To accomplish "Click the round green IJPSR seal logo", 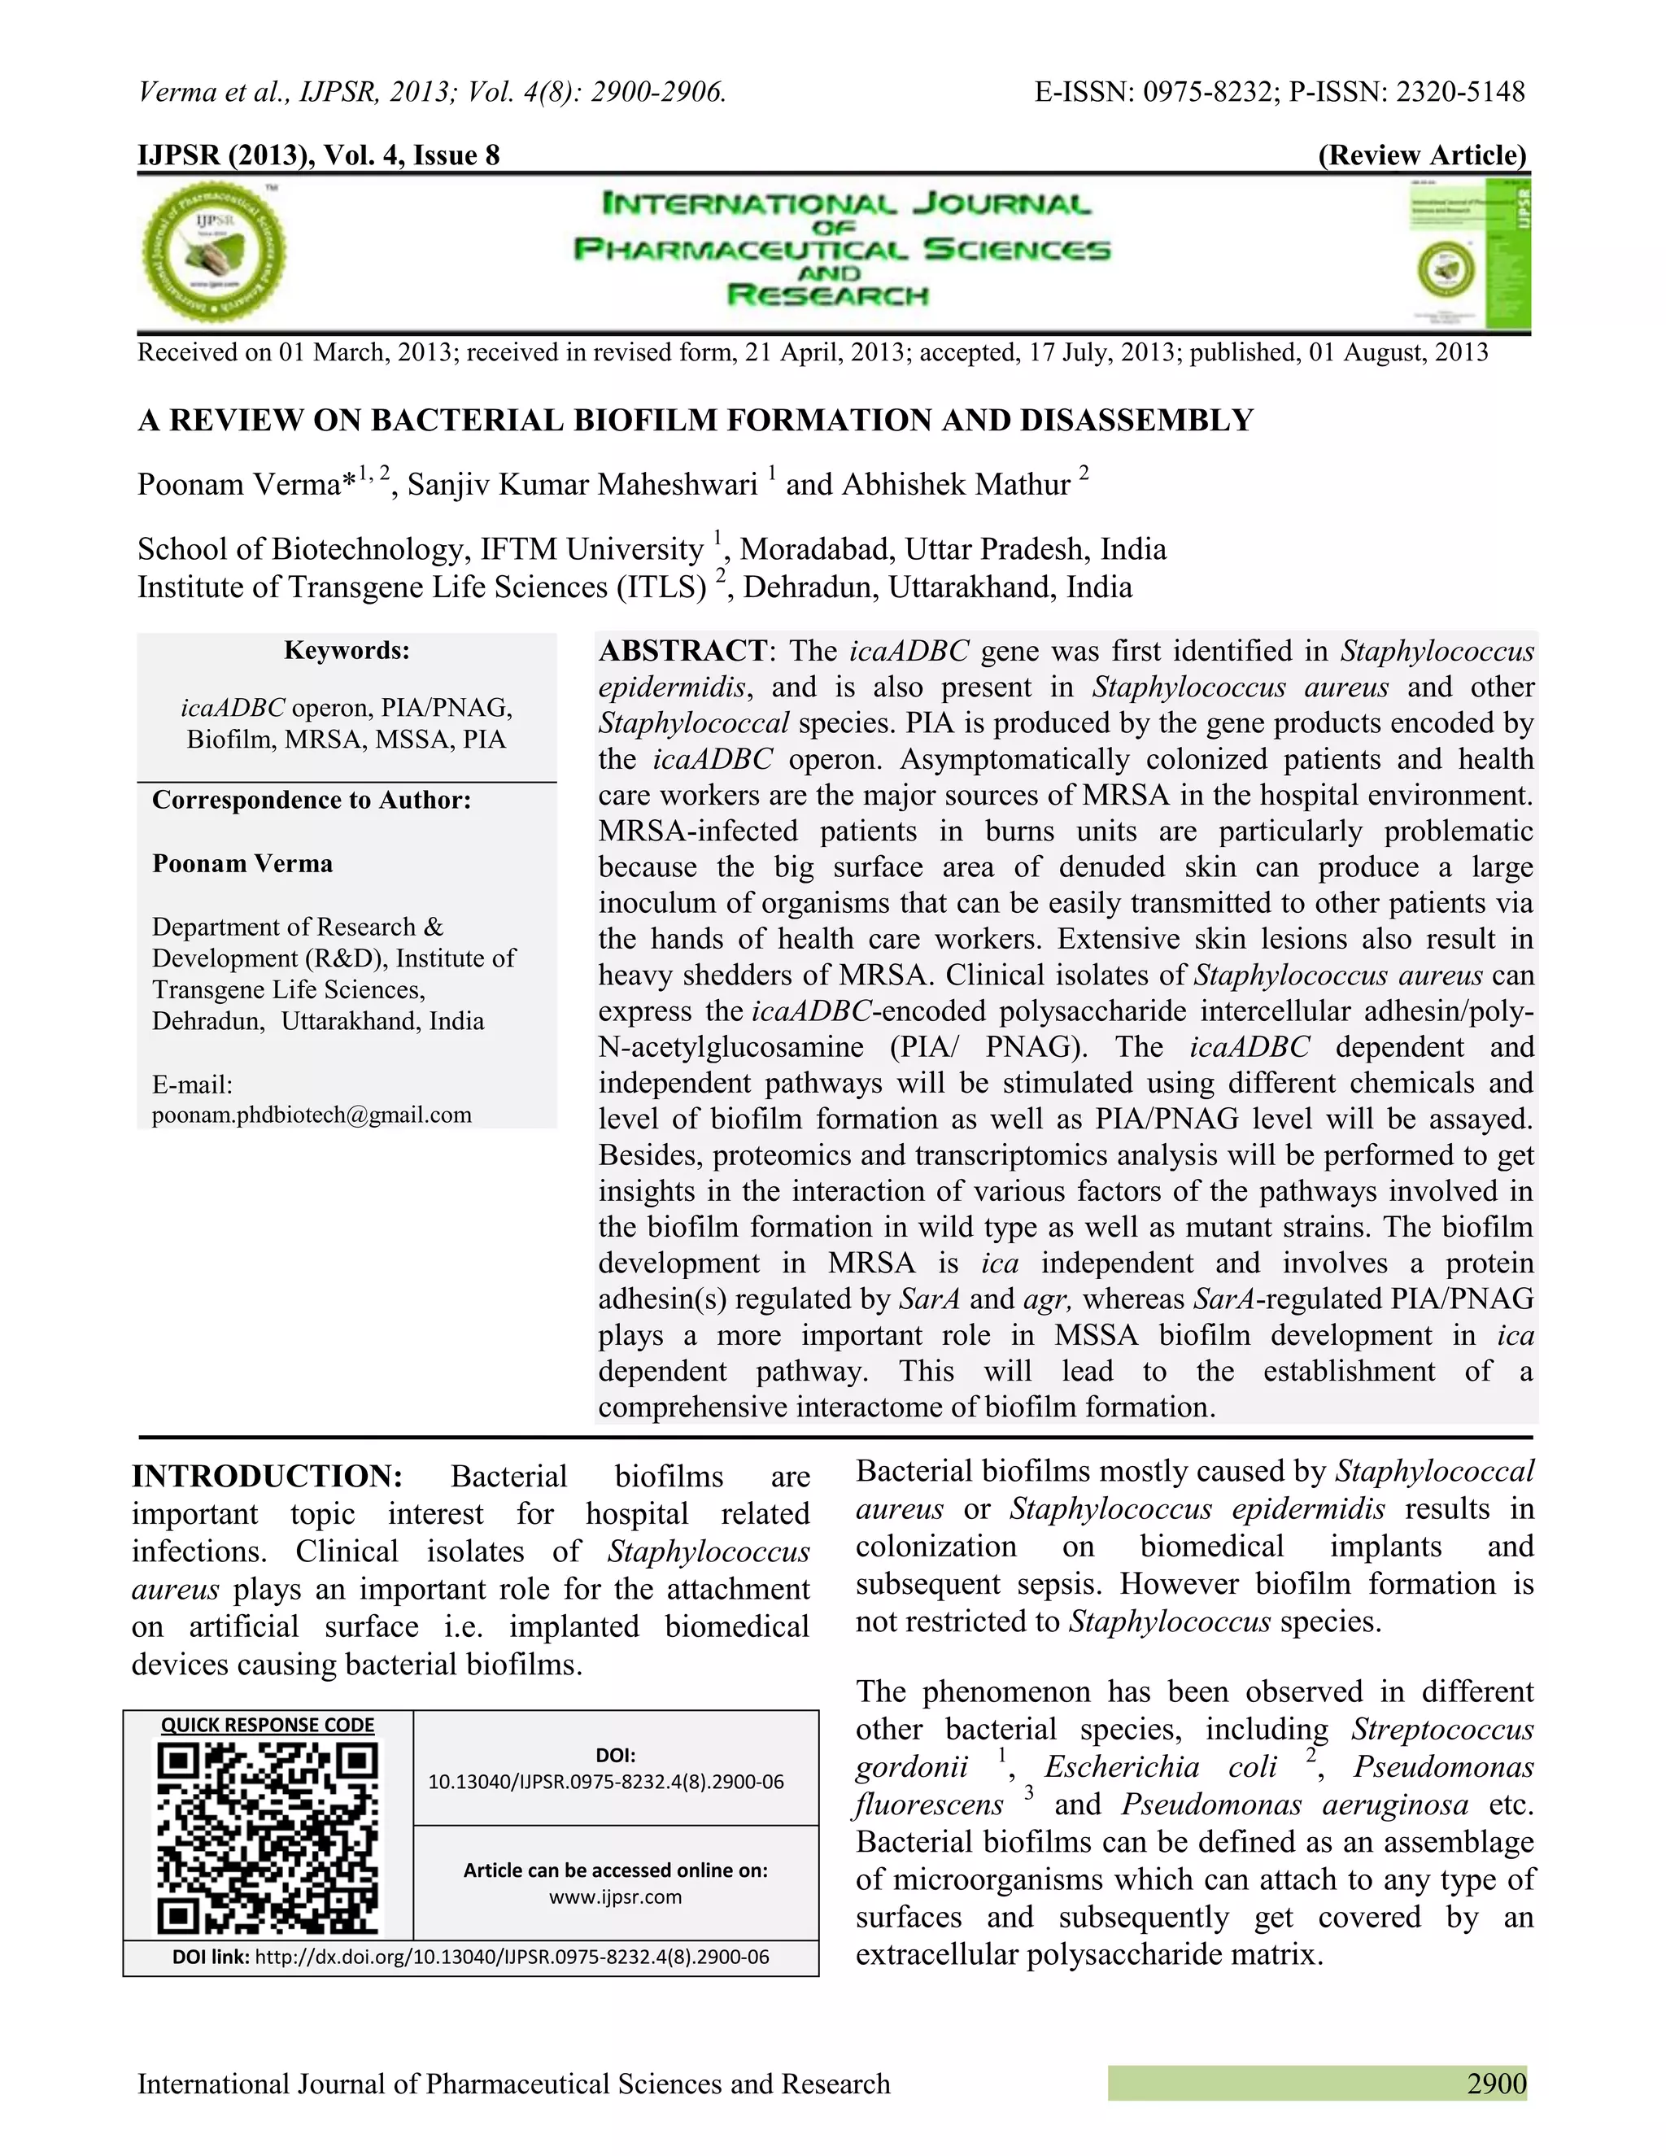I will pyautogui.click(x=214, y=253).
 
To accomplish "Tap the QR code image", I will pyautogui.click(x=268, y=1837).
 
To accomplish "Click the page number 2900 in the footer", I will pyautogui.click(x=1496, y=2084).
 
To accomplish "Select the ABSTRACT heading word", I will pyautogui.click(x=682, y=651).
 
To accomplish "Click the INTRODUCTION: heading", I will pyautogui.click(x=268, y=1476).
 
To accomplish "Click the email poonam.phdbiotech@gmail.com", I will pyautogui.click(x=312, y=1115).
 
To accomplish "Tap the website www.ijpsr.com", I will pyautogui.click(x=616, y=1896).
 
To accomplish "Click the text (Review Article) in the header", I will pyautogui.click(x=1422, y=155).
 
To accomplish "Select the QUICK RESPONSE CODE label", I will pyautogui.click(x=268, y=1725).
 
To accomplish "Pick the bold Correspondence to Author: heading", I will pyautogui.click(x=312, y=800).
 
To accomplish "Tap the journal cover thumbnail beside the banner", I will pyautogui.click(x=1467, y=253).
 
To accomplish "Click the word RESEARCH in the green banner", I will pyautogui.click(x=827, y=295).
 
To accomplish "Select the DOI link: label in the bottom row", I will pyautogui.click(x=212, y=1957).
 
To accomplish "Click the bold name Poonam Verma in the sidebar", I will pyautogui.click(x=242, y=864).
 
